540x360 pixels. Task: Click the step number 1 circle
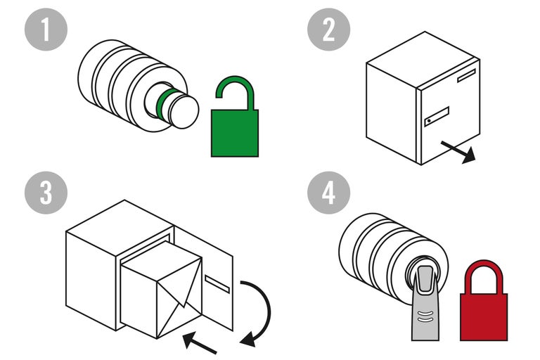tap(46, 32)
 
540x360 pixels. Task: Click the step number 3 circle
tap(46, 193)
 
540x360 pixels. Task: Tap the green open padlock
tap(235, 131)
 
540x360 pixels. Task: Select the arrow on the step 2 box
tap(458, 150)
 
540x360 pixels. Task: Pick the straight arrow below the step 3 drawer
tap(200, 342)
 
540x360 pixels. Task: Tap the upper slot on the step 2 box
tap(466, 76)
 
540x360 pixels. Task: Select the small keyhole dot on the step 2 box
tap(429, 122)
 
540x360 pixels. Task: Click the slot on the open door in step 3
tap(217, 283)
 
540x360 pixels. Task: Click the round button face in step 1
tap(184, 111)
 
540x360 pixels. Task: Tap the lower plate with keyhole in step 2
tap(437, 117)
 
